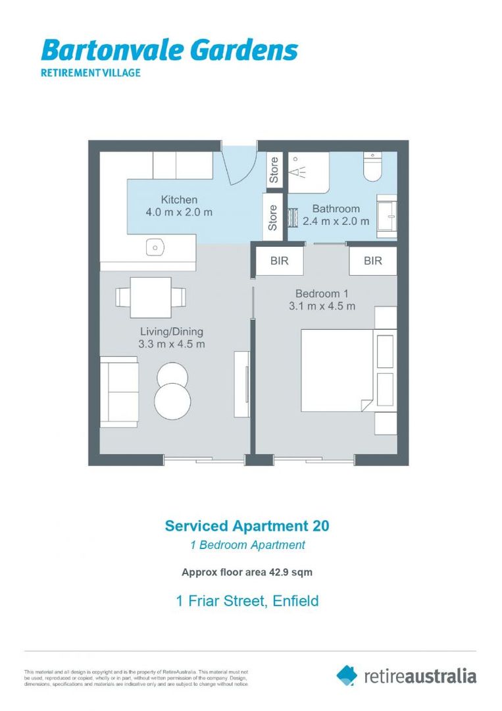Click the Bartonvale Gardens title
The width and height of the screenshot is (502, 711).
[169, 50]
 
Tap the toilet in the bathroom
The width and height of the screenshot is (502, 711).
[372, 168]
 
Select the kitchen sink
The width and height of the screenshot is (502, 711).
[154, 247]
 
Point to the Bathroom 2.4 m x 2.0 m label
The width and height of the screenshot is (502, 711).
[336, 215]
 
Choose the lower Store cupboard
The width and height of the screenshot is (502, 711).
[272, 218]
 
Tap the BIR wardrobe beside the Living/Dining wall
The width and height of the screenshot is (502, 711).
[279, 261]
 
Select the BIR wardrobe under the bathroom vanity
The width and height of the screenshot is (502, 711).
[372, 261]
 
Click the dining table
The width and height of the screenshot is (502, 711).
[151, 298]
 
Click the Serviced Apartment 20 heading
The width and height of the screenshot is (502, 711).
[247, 525]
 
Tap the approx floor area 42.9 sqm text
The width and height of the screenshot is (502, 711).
[247, 572]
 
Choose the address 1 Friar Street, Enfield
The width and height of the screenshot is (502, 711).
[247, 600]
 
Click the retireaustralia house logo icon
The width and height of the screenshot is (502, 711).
[347, 675]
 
